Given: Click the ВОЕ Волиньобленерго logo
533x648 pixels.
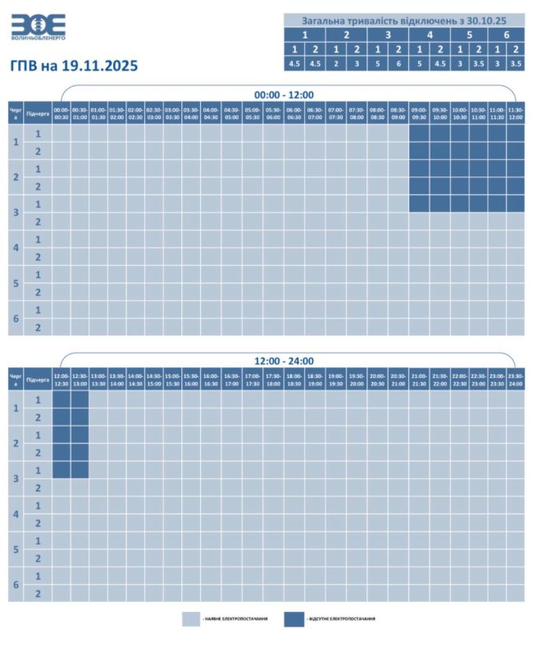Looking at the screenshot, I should tap(39, 27).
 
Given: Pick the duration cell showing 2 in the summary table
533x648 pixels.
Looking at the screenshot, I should tap(335, 63).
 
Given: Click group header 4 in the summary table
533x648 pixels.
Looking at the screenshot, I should tap(430, 35).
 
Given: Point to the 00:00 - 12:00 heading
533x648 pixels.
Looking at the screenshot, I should tap(284, 94).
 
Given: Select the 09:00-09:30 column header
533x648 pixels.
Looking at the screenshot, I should tap(418, 113).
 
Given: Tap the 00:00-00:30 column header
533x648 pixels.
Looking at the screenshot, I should tap(61, 113).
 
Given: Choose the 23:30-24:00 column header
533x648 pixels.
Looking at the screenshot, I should tap(516, 380).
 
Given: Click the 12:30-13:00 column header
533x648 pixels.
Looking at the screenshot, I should tap(80, 380).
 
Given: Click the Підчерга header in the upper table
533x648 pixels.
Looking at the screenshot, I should tap(38, 113).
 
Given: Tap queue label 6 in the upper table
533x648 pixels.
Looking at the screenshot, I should tap(16, 318).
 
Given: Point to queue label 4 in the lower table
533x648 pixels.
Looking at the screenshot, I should tap(16, 514).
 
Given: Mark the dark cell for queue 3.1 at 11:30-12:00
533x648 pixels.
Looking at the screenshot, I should tap(516, 203).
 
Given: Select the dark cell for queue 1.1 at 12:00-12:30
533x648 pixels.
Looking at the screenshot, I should tap(61, 399).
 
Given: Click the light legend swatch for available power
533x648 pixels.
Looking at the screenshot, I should tap(190, 618).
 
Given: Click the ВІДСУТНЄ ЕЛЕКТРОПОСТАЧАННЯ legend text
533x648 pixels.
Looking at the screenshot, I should tap(342, 618).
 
